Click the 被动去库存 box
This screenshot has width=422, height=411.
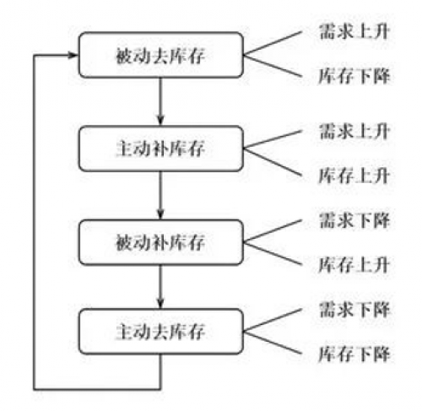(160, 55)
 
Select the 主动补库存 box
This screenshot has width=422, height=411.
(160, 149)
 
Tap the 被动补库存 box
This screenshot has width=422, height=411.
(160, 242)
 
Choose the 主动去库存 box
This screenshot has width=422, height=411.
(160, 331)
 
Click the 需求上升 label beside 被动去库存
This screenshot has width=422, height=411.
(354, 31)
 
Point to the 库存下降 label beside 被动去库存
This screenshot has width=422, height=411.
(354, 76)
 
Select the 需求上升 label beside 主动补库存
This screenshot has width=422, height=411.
(354, 131)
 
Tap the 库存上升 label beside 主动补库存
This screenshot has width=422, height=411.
(354, 176)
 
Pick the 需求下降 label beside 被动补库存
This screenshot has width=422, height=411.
(354, 220)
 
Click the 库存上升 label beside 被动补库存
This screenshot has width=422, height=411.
(354, 265)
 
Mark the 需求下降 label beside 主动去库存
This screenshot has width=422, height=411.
(354, 310)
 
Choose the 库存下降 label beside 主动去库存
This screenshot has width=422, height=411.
(354, 354)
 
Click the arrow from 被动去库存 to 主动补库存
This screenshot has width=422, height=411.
(160, 101)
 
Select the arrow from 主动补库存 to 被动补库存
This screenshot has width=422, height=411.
(160, 196)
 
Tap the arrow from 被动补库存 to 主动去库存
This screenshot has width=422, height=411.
(160, 287)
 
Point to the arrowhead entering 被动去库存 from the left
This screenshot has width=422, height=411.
(73, 55)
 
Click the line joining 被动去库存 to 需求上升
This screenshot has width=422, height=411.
(273, 43)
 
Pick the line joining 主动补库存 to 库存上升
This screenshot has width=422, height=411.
(273, 162)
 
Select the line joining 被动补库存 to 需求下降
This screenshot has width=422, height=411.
(273, 231)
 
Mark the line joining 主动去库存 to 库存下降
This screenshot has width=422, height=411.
(273, 343)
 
